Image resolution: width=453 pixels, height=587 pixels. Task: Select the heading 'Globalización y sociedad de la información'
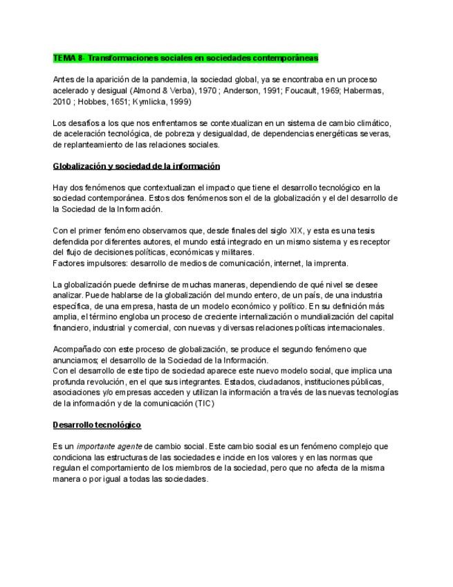point(136,166)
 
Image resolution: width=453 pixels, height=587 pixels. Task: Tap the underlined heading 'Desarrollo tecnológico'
point(97,424)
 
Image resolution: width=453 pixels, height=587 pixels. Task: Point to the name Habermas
point(353,91)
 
